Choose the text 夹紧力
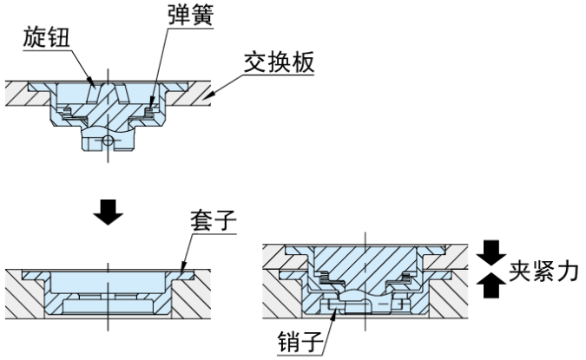(540, 269)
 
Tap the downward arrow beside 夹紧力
(491, 252)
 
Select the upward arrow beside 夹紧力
(491, 285)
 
